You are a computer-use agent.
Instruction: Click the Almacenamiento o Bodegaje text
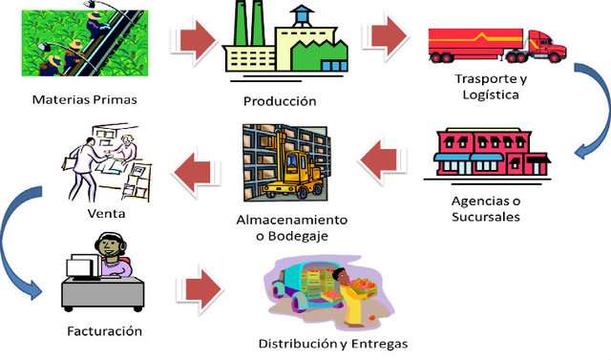pyautogui.click(x=291, y=228)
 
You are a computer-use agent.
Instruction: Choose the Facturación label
pyautogui.click(x=105, y=331)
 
